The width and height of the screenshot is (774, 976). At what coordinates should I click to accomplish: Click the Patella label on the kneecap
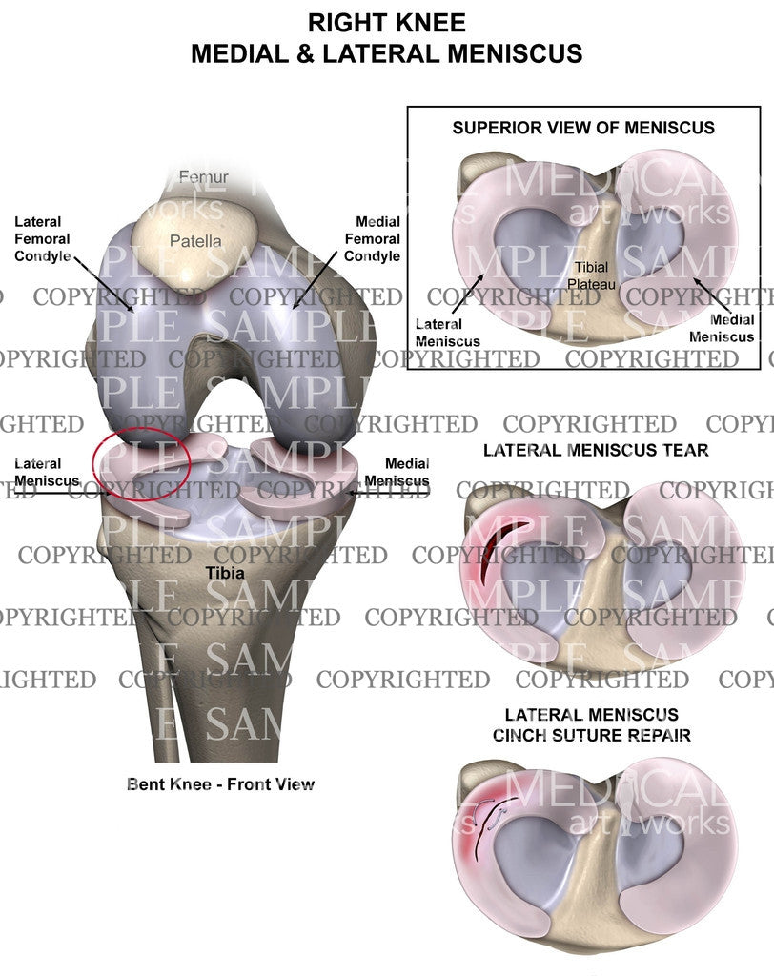[x=195, y=241]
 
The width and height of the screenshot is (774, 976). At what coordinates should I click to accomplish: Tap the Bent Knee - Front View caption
[x=220, y=784]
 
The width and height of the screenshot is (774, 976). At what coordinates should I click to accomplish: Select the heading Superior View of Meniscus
[x=583, y=127]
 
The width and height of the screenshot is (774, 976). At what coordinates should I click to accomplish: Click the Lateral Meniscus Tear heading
[x=596, y=449]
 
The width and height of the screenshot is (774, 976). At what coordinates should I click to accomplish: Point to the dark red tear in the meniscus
[x=496, y=553]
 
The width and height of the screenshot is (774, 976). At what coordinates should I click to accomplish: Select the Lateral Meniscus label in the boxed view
[x=448, y=333]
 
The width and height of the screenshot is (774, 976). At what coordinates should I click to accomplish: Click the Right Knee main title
[x=386, y=22]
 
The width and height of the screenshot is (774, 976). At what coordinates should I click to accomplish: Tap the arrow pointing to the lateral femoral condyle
[x=105, y=282]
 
